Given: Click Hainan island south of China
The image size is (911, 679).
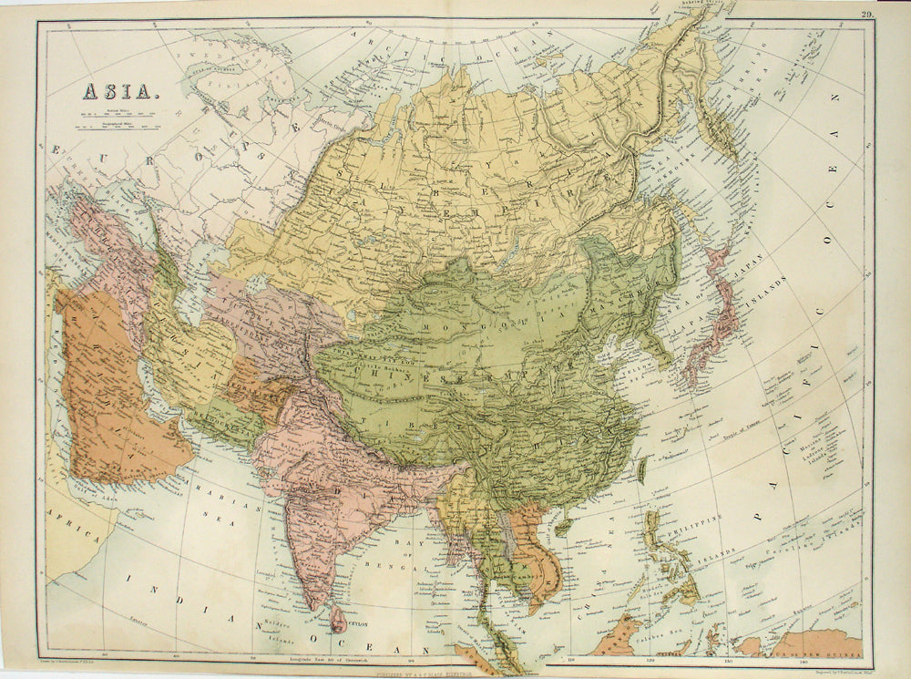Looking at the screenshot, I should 563,527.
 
